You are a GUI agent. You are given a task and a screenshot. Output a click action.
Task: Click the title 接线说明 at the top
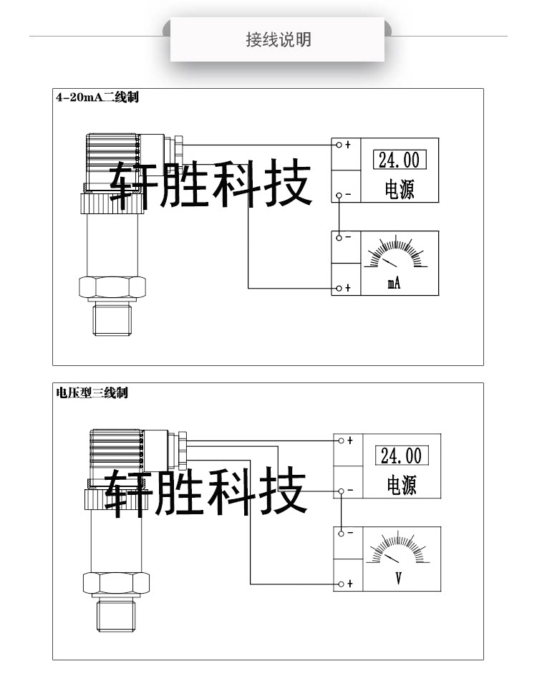pyautogui.click(x=278, y=39)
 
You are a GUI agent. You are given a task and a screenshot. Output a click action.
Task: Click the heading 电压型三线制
pyautogui.click(x=92, y=392)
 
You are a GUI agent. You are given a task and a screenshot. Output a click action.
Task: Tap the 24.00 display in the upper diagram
pyautogui.click(x=399, y=159)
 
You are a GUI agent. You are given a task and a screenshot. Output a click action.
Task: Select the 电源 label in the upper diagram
pyautogui.click(x=400, y=190)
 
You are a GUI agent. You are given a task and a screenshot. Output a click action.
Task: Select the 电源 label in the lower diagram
pyautogui.click(x=402, y=486)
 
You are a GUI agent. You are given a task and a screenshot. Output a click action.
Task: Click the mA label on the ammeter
pyautogui.click(x=394, y=284)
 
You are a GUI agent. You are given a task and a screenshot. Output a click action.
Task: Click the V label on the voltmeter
pyautogui.click(x=398, y=578)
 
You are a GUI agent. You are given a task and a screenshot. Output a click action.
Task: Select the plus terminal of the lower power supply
pyautogui.click(x=342, y=440)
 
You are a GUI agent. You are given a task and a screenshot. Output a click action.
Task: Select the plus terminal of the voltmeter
pyautogui.click(x=342, y=584)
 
